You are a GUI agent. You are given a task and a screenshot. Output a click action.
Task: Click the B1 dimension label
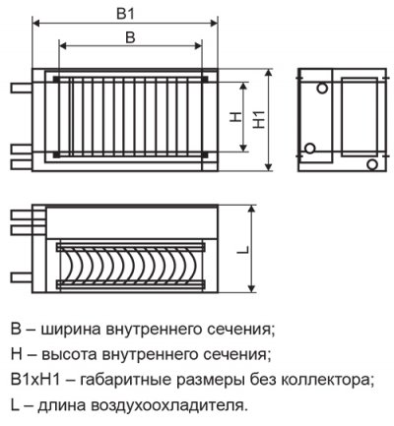126,14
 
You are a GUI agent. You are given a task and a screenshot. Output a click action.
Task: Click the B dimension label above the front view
130,37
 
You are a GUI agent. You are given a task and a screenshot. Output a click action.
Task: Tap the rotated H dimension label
235,117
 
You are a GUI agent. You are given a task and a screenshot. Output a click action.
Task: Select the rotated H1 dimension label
260,120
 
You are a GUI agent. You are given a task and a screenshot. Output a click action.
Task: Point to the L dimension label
244,249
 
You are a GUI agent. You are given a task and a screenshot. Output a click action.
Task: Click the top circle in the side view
322,88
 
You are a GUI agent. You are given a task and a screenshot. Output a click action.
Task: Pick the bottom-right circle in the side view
372,164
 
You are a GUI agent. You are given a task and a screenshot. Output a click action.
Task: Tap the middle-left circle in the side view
309,149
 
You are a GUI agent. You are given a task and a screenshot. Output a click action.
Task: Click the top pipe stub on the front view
22,88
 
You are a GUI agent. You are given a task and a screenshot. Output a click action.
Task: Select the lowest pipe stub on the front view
22,164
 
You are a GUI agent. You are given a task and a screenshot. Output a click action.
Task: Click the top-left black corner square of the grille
56,79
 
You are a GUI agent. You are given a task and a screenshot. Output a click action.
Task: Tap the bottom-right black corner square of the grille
205,154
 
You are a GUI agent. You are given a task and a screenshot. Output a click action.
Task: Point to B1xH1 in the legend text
35,380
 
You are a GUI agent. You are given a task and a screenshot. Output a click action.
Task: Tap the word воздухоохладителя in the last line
165,406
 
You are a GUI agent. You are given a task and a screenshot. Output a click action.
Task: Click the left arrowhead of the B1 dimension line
35,23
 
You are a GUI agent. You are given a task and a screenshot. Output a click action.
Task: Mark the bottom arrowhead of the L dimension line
252,288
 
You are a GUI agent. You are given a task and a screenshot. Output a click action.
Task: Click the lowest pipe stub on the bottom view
22,277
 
